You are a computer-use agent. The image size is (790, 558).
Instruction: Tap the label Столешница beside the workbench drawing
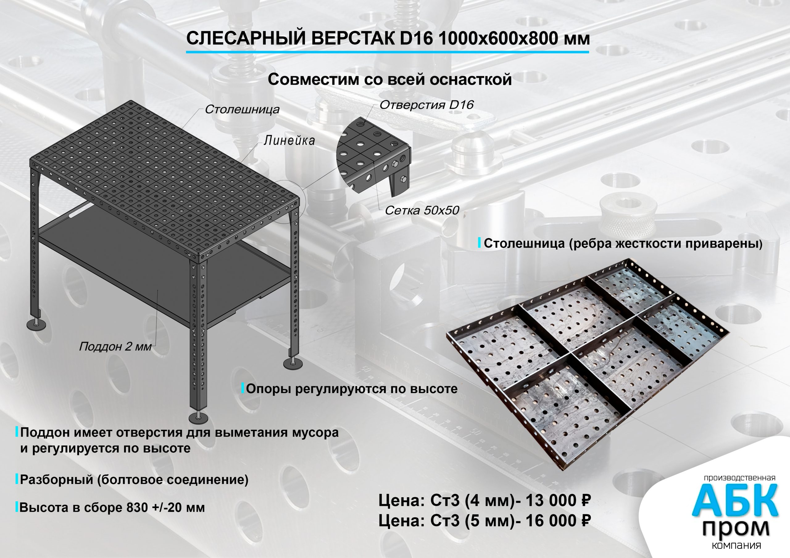pyautogui.click(x=242, y=109)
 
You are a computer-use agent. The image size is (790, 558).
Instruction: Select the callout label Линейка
pyautogui.click(x=289, y=140)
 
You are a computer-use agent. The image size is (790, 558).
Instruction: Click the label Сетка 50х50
pyautogui.click(x=422, y=210)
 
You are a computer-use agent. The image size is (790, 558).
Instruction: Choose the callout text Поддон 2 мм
pyautogui.click(x=115, y=346)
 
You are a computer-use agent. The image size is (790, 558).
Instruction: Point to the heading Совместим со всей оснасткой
pyautogui.click(x=389, y=80)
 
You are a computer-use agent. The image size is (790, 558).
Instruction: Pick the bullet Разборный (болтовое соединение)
pyautogui.click(x=134, y=479)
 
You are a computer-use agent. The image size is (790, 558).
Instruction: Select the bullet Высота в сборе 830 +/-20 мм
pyautogui.click(x=112, y=507)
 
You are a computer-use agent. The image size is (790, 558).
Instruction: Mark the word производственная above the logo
pyautogui.click(x=739, y=478)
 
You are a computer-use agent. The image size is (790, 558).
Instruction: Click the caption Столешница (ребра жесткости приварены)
pyautogui.click(x=623, y=244)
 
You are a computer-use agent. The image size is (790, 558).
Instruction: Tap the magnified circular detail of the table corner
pyautogui.click(x=373, y=155)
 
